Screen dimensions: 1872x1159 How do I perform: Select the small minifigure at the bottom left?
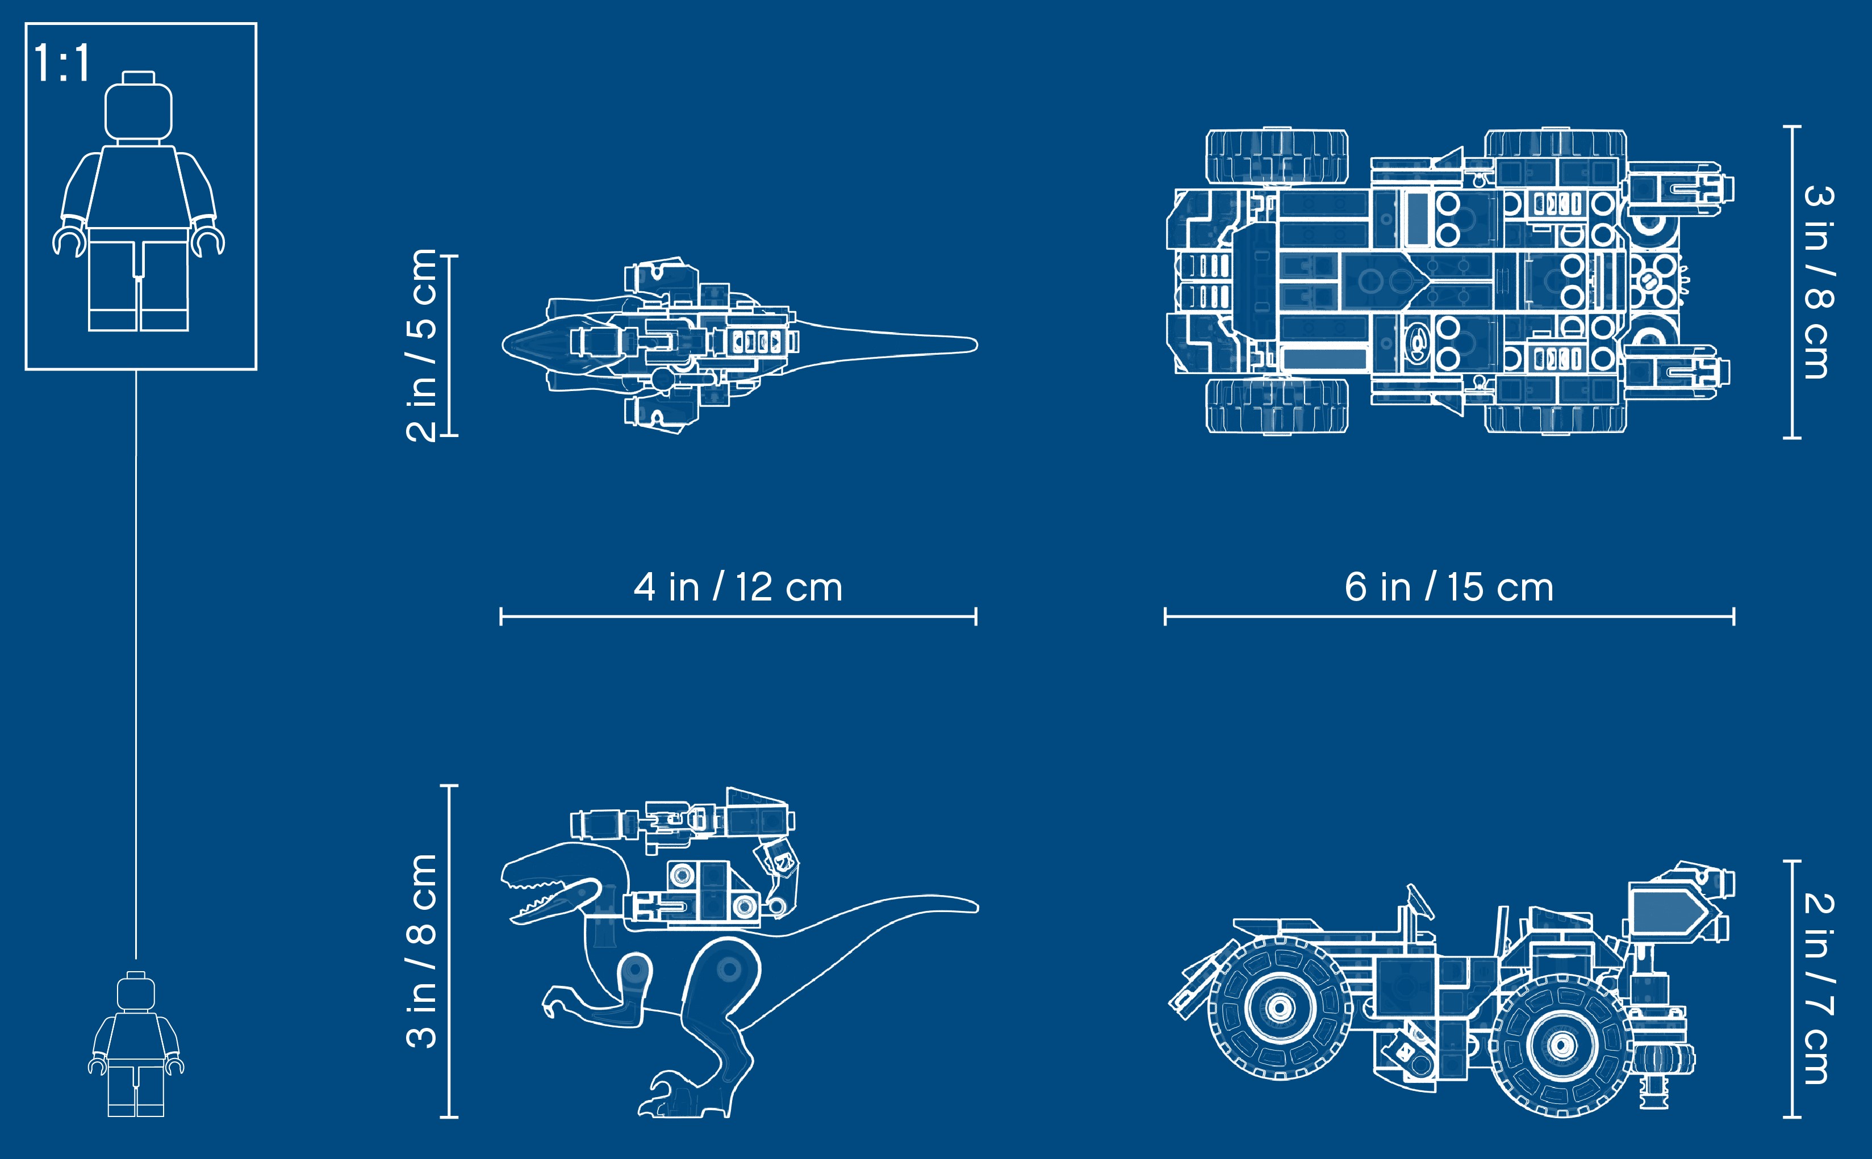click(136, 1043)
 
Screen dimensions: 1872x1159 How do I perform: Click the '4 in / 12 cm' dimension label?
click(738, 587)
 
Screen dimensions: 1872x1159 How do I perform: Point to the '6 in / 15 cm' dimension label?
click(1449, 587)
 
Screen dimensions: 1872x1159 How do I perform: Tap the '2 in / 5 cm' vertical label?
click(421, 345)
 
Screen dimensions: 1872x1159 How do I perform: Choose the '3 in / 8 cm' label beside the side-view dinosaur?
click(421, 951)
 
